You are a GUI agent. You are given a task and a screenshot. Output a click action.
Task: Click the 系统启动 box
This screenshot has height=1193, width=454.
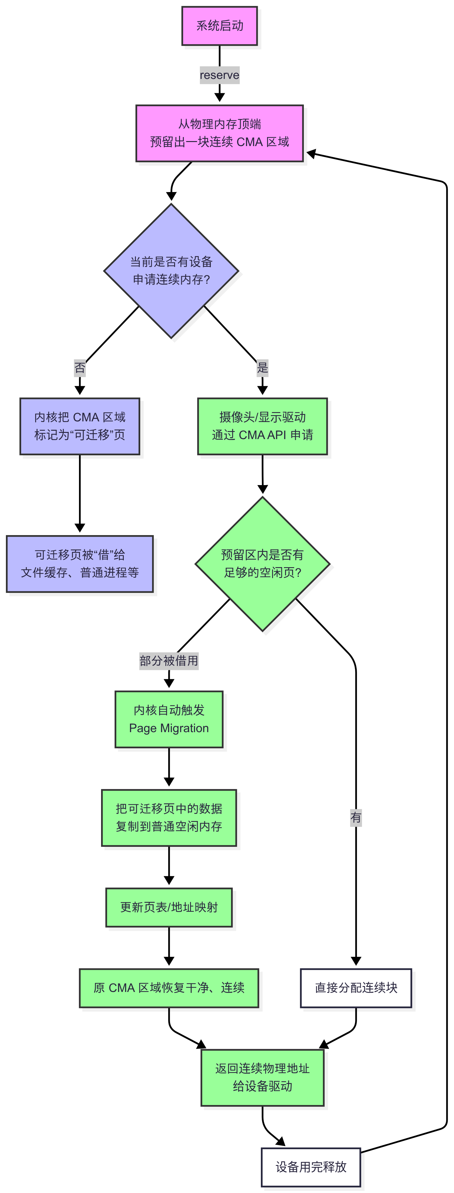pos(219,26)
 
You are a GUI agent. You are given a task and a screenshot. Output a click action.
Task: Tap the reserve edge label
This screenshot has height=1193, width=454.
pos(219,75)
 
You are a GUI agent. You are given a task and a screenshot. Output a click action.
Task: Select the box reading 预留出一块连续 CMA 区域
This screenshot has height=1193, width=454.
pos(219,133)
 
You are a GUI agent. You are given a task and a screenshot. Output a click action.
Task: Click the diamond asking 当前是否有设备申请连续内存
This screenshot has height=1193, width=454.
pos(171,271)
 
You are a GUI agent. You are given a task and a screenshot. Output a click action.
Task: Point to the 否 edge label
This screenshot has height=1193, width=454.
pos(80,368)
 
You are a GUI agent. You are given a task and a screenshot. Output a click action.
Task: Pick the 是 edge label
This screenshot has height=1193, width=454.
pos(262,368)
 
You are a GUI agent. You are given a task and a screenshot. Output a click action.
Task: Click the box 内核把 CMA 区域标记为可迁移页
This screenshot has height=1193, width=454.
pos(80,426)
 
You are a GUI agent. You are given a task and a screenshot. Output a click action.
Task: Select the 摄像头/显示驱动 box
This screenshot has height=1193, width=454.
pos(262,426)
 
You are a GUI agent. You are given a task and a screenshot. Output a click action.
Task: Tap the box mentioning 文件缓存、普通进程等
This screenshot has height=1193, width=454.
pos(80,564)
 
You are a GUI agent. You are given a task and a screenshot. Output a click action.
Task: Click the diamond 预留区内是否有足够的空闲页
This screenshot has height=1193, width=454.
pos(262,564)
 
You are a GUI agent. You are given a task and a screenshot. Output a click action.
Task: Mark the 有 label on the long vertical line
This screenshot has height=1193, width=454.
pos(355,817)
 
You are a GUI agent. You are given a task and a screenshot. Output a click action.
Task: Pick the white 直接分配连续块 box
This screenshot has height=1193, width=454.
pos(355,988)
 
